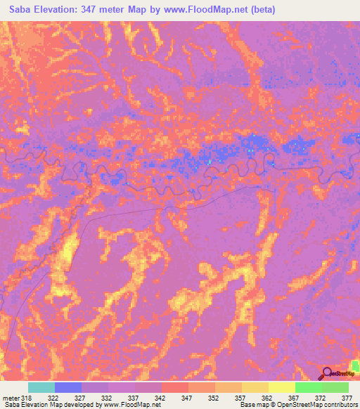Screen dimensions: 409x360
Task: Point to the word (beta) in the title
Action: point(262,10)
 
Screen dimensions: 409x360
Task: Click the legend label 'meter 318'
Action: point(15,397)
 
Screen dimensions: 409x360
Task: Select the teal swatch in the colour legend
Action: point(41,387)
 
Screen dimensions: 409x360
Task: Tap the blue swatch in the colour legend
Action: point(68,387)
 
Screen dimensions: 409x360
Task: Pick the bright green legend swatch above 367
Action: point(308,387)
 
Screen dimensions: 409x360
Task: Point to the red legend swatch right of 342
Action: point(174,387)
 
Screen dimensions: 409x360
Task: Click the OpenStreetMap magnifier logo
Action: point(327,373)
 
